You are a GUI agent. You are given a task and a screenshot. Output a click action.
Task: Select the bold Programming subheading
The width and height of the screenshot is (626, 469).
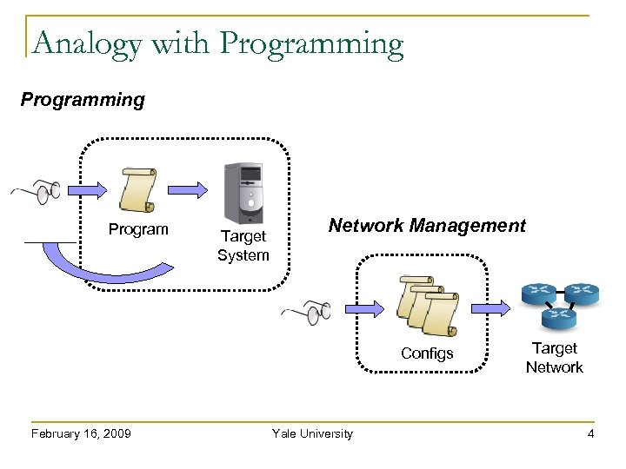[x=83, y=99]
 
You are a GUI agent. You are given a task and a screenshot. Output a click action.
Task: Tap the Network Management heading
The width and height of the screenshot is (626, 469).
[x=426, y=226]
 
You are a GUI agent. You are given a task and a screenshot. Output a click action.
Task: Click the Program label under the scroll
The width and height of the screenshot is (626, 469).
[x=137, y=230]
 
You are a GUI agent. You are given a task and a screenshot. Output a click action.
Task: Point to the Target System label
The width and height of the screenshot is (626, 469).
[x=243, y=245]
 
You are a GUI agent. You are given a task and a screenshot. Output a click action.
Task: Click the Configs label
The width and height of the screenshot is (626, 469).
[x=427, y=353]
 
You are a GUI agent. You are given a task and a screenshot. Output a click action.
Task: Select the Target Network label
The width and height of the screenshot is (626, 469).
[x=554, y=358]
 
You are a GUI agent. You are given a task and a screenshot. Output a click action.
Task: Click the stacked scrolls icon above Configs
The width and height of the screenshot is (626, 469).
[x=426, y=307]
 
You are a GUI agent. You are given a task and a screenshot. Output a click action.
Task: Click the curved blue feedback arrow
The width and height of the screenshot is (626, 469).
[x=87, y=265]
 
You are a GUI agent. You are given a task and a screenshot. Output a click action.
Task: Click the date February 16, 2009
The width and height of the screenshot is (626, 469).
[x=80, y=433]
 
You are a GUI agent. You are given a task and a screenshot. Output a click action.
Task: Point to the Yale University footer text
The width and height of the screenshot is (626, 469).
[x=312, y=433]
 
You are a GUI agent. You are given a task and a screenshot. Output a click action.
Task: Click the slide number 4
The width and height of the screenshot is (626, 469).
[x=590, y=433]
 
